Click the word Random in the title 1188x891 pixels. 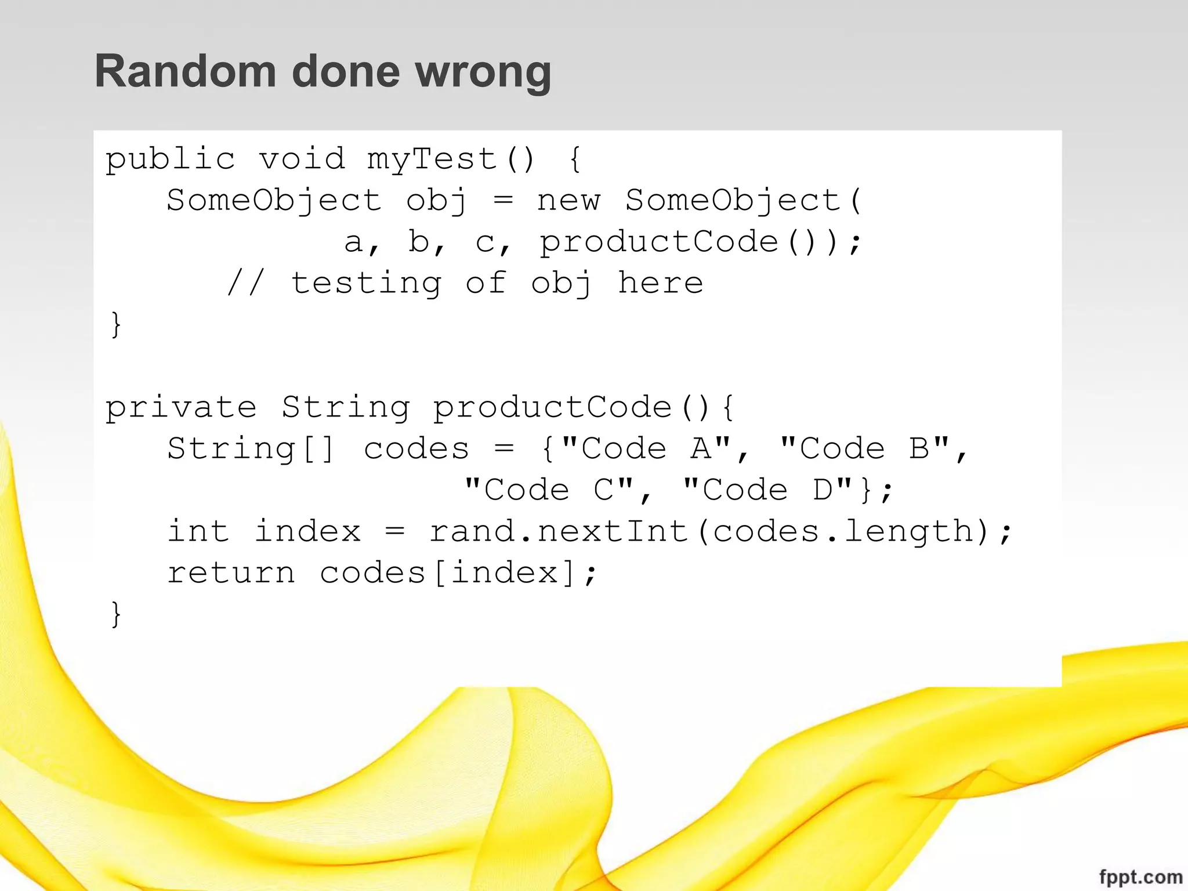185,71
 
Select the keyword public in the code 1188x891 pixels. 170,160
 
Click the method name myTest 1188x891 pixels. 432,160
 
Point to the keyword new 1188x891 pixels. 568,201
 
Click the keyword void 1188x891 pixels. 302,160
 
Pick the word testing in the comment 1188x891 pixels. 366,284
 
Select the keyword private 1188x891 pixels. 180,407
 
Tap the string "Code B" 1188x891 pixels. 864,448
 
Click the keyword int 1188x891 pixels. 199,531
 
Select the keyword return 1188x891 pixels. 231,573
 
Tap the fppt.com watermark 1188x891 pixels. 1140,877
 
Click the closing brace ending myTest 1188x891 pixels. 116,324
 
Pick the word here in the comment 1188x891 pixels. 660,284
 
